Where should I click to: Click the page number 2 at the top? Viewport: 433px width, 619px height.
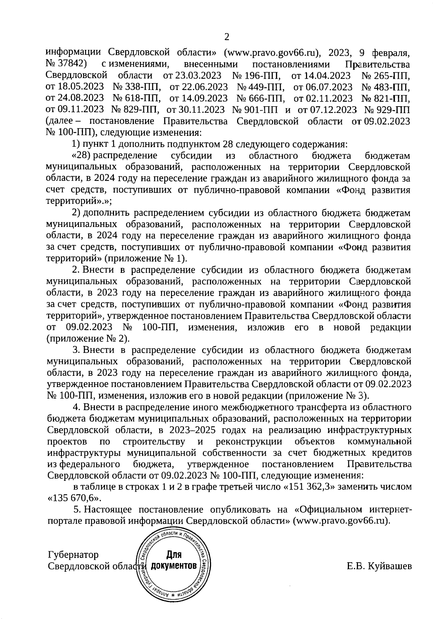(227, 37)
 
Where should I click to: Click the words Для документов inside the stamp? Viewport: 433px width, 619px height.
(174, 560)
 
